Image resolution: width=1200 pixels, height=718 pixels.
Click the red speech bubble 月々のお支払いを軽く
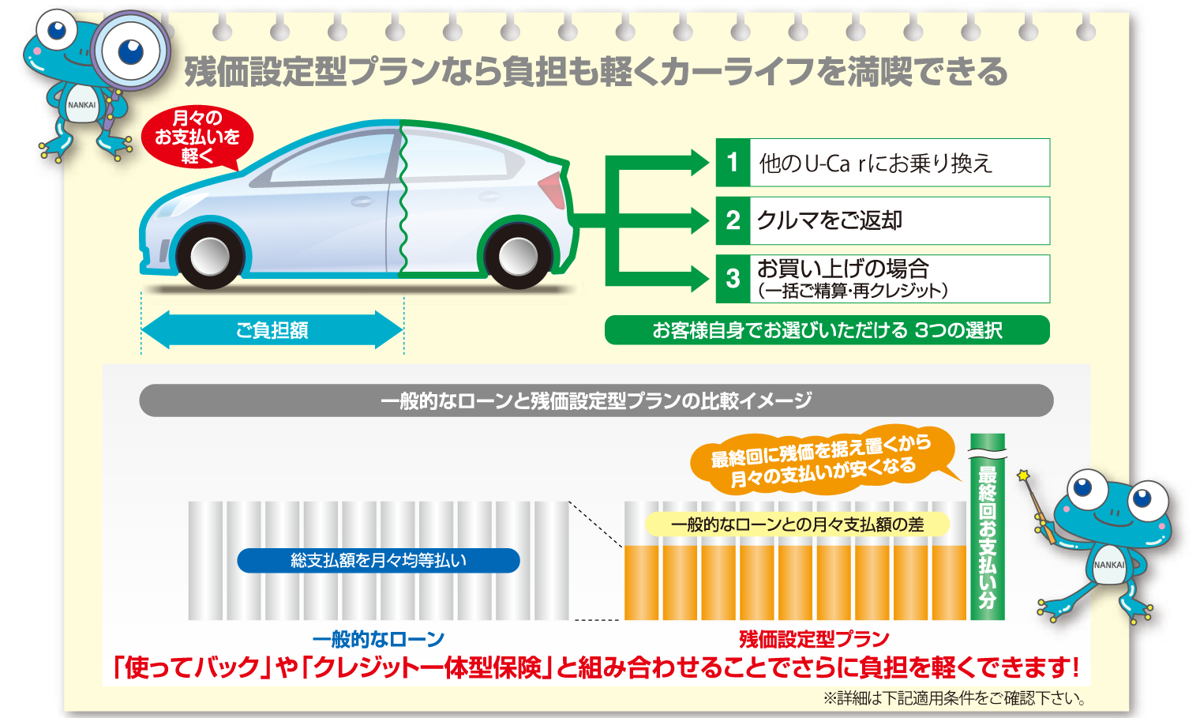[x=197, y=137]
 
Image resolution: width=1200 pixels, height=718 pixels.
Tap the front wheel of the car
[x=209, y=256]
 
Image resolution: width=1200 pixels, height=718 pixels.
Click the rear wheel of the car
[x=517, y=256]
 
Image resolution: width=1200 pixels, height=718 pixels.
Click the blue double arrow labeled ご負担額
[x=272, y=330]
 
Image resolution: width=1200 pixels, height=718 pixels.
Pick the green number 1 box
[x=733, y=163]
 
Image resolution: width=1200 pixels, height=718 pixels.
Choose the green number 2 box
[x=733, y=220]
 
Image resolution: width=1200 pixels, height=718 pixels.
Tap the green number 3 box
[x=733, y=278]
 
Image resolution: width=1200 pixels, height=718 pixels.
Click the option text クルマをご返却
[x=829, y=220]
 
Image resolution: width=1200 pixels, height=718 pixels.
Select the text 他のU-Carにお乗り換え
[x=875, y=164]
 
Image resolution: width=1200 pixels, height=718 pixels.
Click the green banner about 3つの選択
[x=827, y=330]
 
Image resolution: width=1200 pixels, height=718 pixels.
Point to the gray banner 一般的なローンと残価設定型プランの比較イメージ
[x=596, y=400]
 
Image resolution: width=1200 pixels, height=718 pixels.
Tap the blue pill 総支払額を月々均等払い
[x=378, y=560]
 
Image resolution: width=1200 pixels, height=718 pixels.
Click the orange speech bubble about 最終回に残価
[x=821, y=461]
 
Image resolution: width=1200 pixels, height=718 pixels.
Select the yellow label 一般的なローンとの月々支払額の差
[x=797, y=524]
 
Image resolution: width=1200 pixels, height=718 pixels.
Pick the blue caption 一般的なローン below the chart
[x=378, y=639]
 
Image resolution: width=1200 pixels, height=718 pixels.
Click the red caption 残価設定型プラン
[x=814, y=639]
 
